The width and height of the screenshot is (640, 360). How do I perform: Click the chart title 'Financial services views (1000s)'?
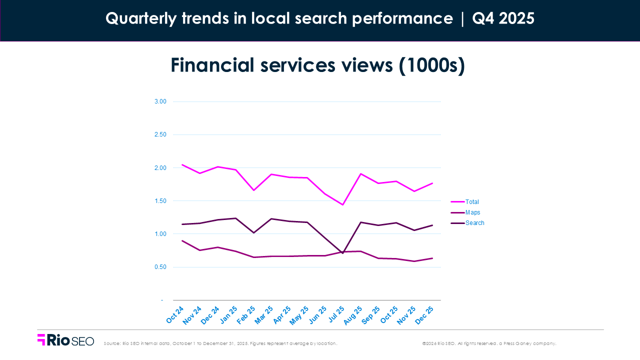tap(317, 65)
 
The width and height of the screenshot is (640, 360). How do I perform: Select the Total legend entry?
tap(472, 202)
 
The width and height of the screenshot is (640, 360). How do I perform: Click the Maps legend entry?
tap(472, 212)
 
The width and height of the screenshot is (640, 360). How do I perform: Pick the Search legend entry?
tap(474, 223)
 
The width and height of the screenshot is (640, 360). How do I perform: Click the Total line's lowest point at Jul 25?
tap(343, 204)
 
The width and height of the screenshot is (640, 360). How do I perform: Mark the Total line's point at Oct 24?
tap(182, 164)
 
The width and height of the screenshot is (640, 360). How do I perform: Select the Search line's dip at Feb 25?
tap(254, 232)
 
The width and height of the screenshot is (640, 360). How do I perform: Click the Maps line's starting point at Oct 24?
tap(182, 240)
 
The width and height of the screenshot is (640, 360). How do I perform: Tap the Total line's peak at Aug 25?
tap(360, 174)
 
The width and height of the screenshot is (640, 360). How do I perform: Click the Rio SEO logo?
tap(65, 340)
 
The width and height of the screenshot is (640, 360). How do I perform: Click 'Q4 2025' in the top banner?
tap(503, 18)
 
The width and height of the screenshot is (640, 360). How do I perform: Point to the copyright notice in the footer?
tap(489, 343)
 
